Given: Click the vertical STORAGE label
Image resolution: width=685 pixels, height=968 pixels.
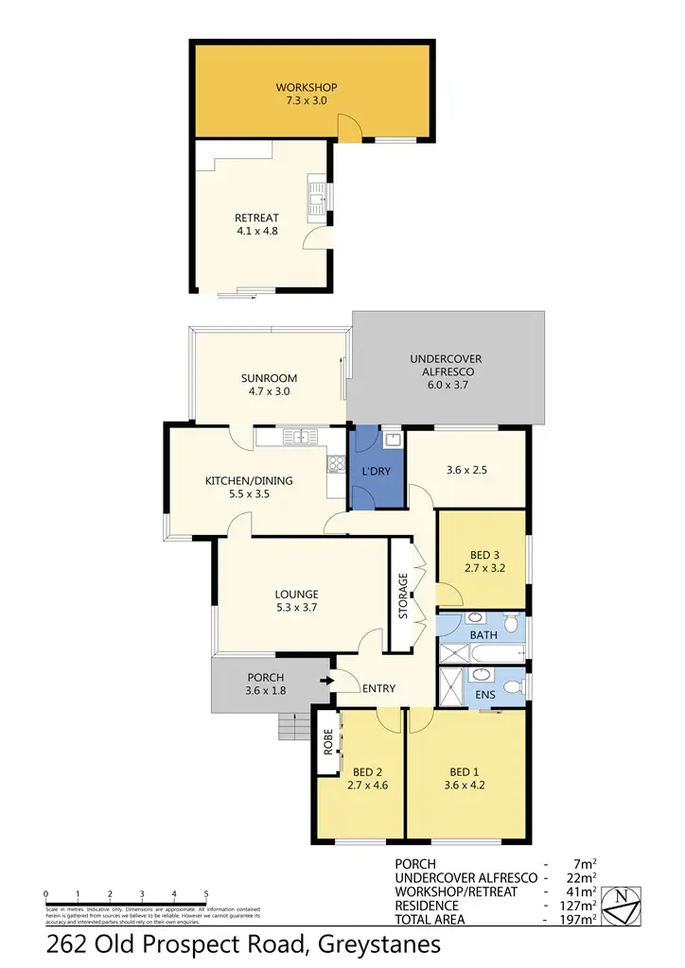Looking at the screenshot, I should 402,596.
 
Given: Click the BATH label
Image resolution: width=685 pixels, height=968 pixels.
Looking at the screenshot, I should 483,636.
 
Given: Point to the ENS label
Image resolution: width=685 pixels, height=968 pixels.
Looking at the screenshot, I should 483,694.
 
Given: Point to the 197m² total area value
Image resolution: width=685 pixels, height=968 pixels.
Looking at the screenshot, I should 579,918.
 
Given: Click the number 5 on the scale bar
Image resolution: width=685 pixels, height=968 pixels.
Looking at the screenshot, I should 206,893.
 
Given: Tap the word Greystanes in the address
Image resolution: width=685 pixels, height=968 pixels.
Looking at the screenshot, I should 379,944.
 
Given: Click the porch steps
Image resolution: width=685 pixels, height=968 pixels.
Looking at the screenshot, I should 293,726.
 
